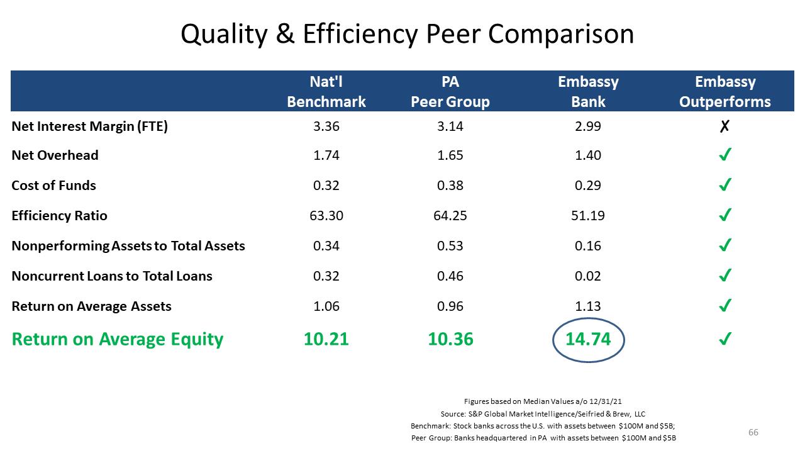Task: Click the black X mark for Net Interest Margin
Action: click(724, 126)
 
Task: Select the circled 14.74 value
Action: click(588, 339)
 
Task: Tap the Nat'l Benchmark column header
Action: click(326, 92)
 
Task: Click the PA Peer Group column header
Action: click(450, 92)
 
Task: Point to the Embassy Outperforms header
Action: click(725, 92)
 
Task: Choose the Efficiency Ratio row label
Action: click(59, 216)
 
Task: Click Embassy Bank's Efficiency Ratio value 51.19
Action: click(588, 216)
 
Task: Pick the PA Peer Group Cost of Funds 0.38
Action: click(450, 186)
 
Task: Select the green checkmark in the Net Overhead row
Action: click(725, 155)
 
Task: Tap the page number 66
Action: click(753, 432)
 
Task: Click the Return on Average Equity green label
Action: click(118, 339)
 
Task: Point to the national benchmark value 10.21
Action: click(326, 339)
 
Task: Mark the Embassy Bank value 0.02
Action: click(588, 276)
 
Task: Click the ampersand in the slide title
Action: click(285, 34)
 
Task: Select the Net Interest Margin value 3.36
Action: click(326, 126)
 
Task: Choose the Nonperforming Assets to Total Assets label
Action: click(128, 246)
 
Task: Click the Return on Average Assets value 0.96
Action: click(450, 306)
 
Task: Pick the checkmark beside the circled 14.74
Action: click(725, 338)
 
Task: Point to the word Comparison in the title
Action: click(561, 35)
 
